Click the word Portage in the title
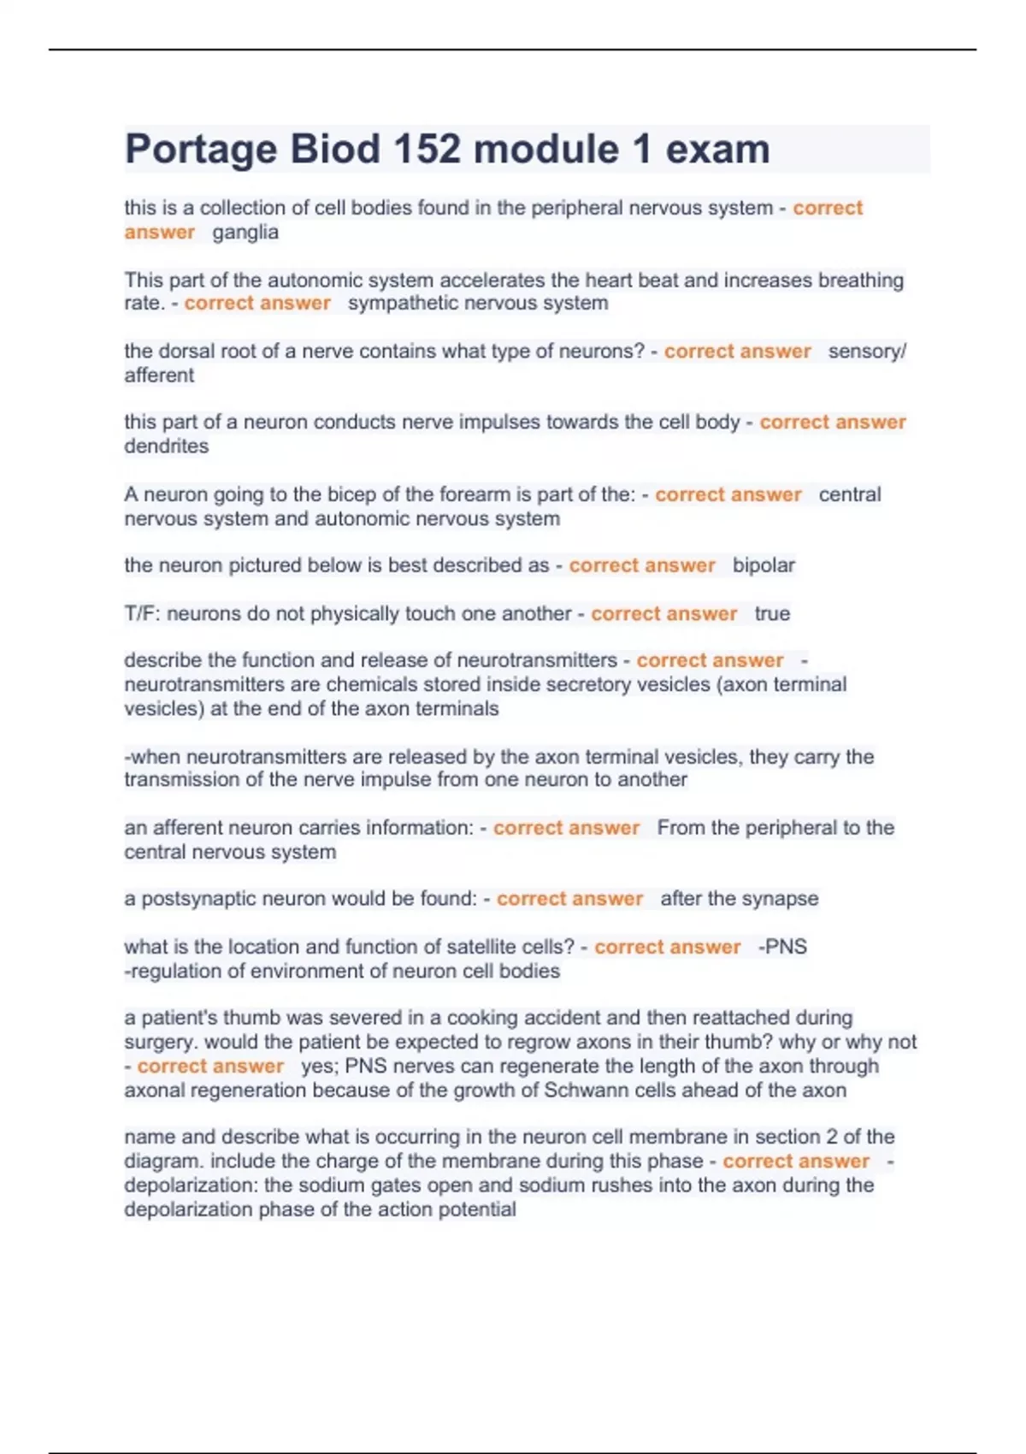click(x=201, y=150)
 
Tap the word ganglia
click(x=245, y=233)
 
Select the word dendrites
click(x=166, y=446)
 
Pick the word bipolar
click(x=764, y=566)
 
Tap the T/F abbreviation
click(x=142, y=614)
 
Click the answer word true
click(x=772, y=614)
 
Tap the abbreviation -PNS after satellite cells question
click(x=782, y=948)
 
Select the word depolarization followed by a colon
click(x=191, y=1186)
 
